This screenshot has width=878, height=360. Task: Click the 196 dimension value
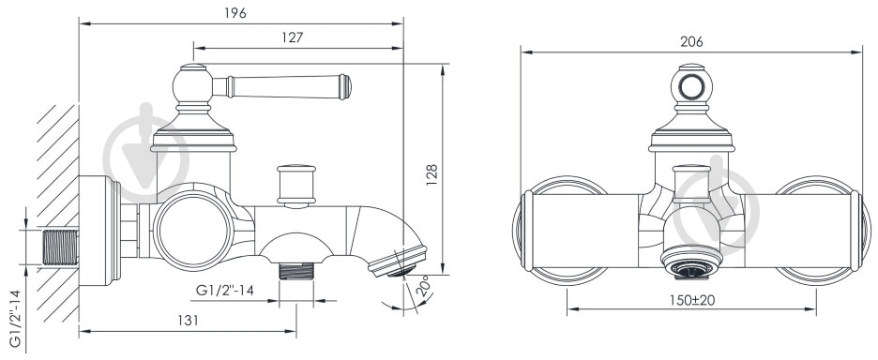coord(236,12)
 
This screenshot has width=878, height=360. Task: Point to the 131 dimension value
coord(188,320)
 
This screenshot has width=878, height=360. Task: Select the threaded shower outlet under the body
coord(296,271)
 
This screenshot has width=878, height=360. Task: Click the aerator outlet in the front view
coord(690,263)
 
